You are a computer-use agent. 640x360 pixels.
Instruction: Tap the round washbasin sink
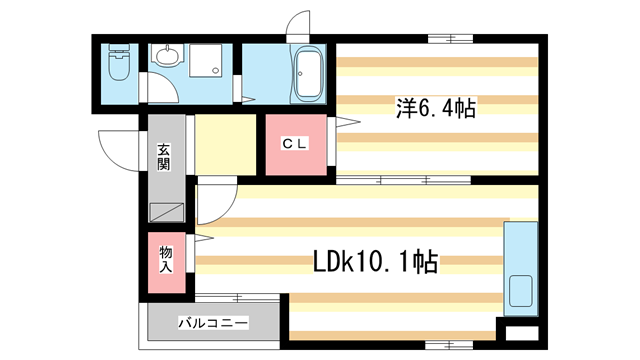[165, 55]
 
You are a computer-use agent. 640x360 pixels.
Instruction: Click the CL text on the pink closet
[293, 144]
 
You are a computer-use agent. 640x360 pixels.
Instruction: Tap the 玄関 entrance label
[164, 158]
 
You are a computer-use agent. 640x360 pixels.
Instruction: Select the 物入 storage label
[166, 260]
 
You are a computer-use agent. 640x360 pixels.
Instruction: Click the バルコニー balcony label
[213, 324]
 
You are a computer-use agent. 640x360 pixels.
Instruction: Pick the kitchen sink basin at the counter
[521, 290]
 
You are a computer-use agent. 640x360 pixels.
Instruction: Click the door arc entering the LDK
[212, 205]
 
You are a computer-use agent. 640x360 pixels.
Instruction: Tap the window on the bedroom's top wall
[449, 39]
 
